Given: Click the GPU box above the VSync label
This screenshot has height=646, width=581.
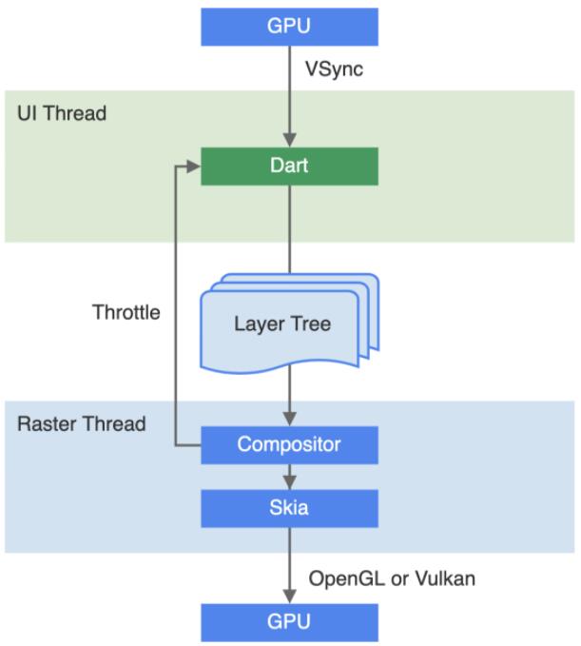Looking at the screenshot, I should pos(289,26).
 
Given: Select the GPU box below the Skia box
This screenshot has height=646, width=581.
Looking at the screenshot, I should pos(289,623).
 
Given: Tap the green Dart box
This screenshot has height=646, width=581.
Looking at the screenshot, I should pos(289,166).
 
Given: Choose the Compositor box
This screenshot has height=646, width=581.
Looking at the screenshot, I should pos(289,444).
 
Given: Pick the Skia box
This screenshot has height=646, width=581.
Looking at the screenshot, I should pos(289,508).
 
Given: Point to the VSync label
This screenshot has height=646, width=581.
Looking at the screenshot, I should pos(334,69).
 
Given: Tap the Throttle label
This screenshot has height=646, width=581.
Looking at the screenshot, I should pos(126,311).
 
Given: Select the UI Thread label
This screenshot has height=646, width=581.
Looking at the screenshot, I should pos(62,113).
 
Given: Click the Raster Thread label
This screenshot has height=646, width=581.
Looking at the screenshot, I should pos(82,422).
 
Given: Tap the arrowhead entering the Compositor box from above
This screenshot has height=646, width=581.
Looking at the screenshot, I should pos(290,418).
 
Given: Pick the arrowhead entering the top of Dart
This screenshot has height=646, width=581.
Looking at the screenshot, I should pos(290,139).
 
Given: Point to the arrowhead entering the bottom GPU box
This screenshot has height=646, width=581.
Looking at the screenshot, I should pos(290,597).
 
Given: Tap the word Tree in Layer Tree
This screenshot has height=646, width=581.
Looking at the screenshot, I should pos(309,323).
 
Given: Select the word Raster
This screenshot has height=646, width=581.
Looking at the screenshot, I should pos(43,422).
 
